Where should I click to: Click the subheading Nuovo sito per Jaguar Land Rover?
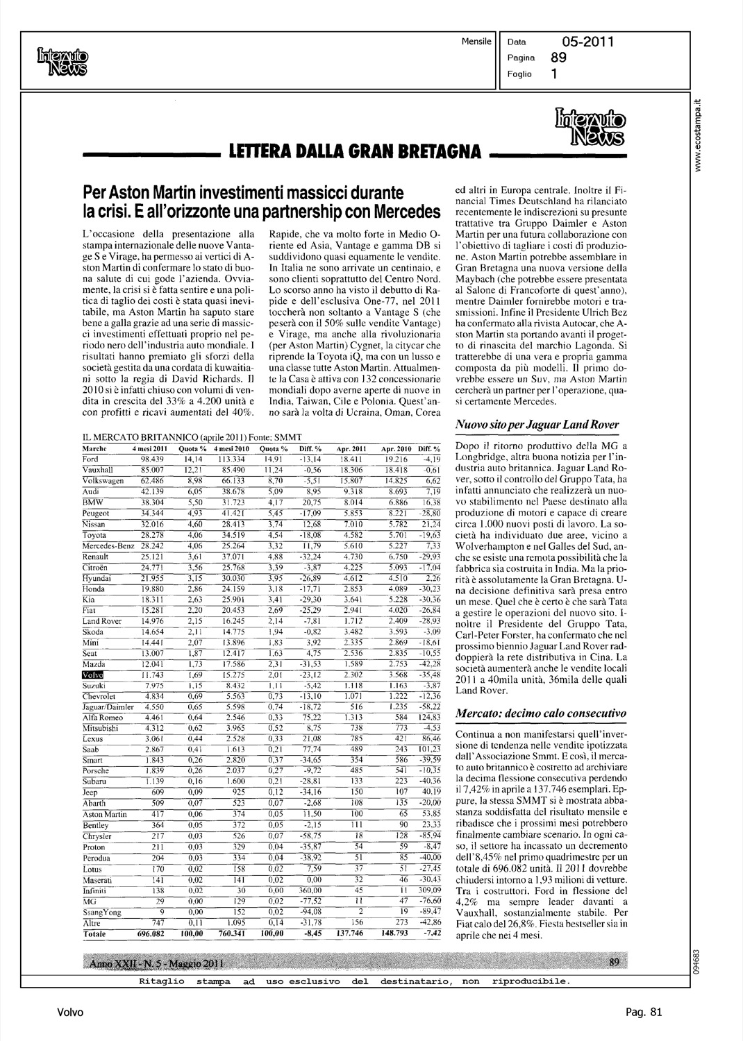tap(536, 424)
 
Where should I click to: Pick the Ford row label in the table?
tap(90, 459)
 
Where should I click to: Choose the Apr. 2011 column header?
tap(351, 450)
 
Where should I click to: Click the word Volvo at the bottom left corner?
tap(70, 1012)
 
